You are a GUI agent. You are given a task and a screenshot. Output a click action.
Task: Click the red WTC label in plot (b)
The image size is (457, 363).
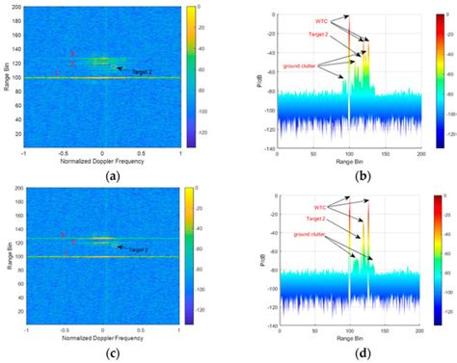tap(320, 20)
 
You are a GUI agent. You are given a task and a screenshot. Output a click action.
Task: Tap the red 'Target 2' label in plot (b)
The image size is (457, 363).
tap(324, 35)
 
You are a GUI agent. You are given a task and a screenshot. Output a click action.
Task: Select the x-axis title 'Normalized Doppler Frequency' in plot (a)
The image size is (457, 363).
tap(102, 161)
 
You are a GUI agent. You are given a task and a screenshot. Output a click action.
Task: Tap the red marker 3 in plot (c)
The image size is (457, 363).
tap(64, 235)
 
